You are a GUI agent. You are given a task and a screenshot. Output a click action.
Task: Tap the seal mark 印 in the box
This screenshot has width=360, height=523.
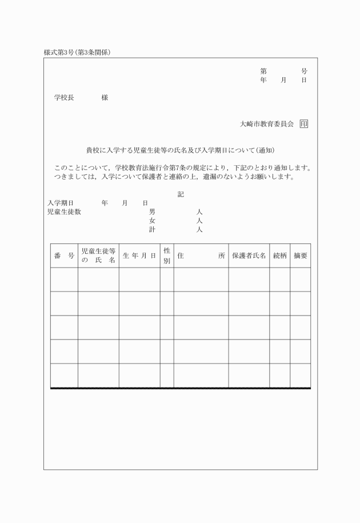point(303,123)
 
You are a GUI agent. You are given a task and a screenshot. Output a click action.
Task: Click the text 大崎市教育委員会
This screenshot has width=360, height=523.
point(267,123)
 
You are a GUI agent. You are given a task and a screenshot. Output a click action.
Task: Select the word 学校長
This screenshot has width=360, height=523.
point(64,98)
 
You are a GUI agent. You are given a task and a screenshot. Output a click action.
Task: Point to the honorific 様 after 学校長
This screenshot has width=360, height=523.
point(105,98)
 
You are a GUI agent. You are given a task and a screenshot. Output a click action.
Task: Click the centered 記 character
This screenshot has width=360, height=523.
point(181,194)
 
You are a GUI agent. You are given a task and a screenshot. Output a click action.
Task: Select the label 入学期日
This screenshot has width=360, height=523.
point(60,203)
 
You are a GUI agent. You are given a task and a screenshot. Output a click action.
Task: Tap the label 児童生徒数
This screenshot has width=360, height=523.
point(64,211)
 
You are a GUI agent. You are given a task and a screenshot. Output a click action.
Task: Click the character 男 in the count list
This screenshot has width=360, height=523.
point(152,211)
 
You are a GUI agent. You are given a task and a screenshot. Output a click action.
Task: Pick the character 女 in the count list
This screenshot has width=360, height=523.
point(152,221)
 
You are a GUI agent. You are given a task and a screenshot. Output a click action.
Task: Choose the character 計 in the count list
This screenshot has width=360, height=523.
point(152,230)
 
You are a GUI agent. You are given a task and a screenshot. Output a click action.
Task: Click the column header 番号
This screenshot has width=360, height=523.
point(64,256)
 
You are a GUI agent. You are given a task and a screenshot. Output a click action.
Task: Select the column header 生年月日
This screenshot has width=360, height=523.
point(139,256)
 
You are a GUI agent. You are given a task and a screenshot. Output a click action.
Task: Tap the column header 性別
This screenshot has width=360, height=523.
point(167,256)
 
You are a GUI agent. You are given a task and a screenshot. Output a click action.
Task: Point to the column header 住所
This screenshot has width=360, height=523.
point(201,256)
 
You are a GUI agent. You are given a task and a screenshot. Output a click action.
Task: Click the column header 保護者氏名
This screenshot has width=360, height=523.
point(249,256)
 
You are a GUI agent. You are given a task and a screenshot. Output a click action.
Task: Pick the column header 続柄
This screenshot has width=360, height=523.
point(280,256)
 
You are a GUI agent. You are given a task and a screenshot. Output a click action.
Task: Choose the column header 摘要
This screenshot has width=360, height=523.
point(301,256)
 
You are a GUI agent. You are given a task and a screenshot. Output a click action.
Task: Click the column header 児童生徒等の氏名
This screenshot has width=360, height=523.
point(98,256)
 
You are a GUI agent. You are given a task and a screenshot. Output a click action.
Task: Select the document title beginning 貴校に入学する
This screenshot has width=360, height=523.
point(181,150)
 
